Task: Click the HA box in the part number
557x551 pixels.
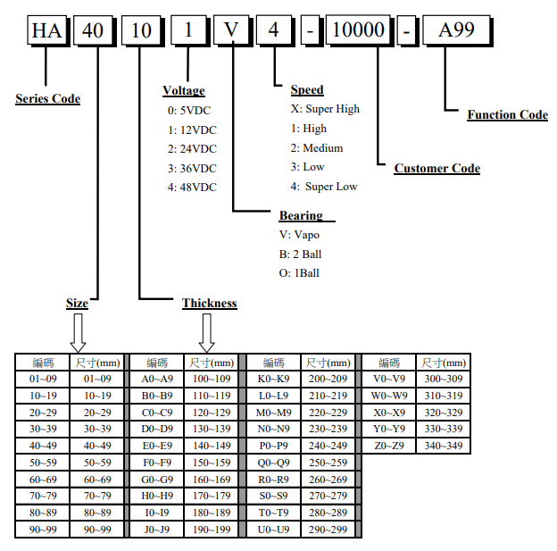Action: (46, 32)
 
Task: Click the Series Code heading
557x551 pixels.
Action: (47, 98)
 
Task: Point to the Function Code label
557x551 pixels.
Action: (507, 114)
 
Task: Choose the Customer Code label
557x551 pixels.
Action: (436, 168)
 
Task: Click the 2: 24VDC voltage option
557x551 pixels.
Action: (192, 148)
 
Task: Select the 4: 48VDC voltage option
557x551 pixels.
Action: (192, 187)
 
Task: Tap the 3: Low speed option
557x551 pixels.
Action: (308, 167)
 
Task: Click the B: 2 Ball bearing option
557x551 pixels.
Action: (302, 254)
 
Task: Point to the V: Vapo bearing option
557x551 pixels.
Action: (299, 235)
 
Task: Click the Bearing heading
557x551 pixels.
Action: (301, 215)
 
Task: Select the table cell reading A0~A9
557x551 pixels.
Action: (158, 379)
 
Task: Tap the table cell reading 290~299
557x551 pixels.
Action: (328, 530)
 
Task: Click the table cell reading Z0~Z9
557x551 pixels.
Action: (389, 446)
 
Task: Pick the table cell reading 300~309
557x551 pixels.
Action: (444, 379)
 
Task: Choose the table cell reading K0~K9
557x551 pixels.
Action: (274, 379)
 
